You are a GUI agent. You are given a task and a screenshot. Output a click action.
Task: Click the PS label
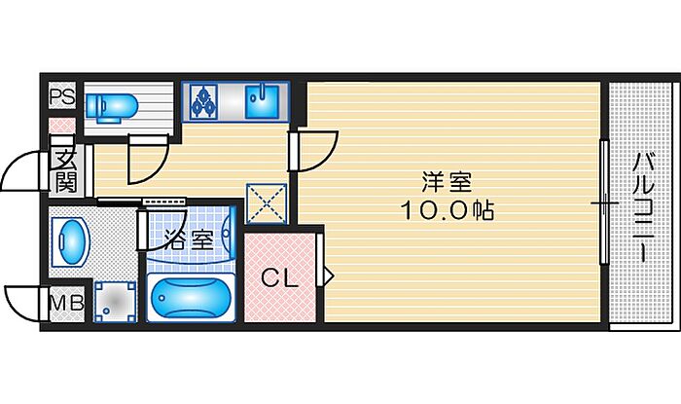pyautogui.click(x=62, y=96)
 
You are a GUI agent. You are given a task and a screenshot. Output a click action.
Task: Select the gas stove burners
pyautogui.click(x=203, y=101)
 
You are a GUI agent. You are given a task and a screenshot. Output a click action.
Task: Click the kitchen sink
pyautogui.click(x=262, y=101)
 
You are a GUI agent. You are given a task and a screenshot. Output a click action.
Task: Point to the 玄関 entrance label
pyautogui.click(x=65, y=170)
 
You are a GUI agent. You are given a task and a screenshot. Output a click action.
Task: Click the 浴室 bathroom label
pyautogui.click(x=190, y=239)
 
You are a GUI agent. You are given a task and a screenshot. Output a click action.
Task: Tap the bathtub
pyautogui.click(x=191, y=298)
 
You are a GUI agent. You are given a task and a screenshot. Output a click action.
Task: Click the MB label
pyautogui.click(x=67, y=303)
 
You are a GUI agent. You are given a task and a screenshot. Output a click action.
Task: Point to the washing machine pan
pyautogui.click(x=115, y=302)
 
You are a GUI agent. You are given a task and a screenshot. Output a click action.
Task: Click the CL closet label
pyautogui.click(x=280, y=278)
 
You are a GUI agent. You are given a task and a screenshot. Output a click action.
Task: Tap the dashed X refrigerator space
pyautogui.click(x=267, y=203)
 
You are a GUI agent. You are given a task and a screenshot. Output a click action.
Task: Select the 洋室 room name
pyautogui.click(x=447, y=182)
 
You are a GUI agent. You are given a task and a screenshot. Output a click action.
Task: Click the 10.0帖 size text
pyautogui.click(x=447, y=210)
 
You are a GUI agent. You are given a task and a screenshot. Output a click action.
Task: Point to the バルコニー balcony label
pyautogui.click(x=644, y=207)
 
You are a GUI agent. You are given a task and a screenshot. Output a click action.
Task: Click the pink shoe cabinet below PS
pyautogui.click(x=61, y=126)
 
